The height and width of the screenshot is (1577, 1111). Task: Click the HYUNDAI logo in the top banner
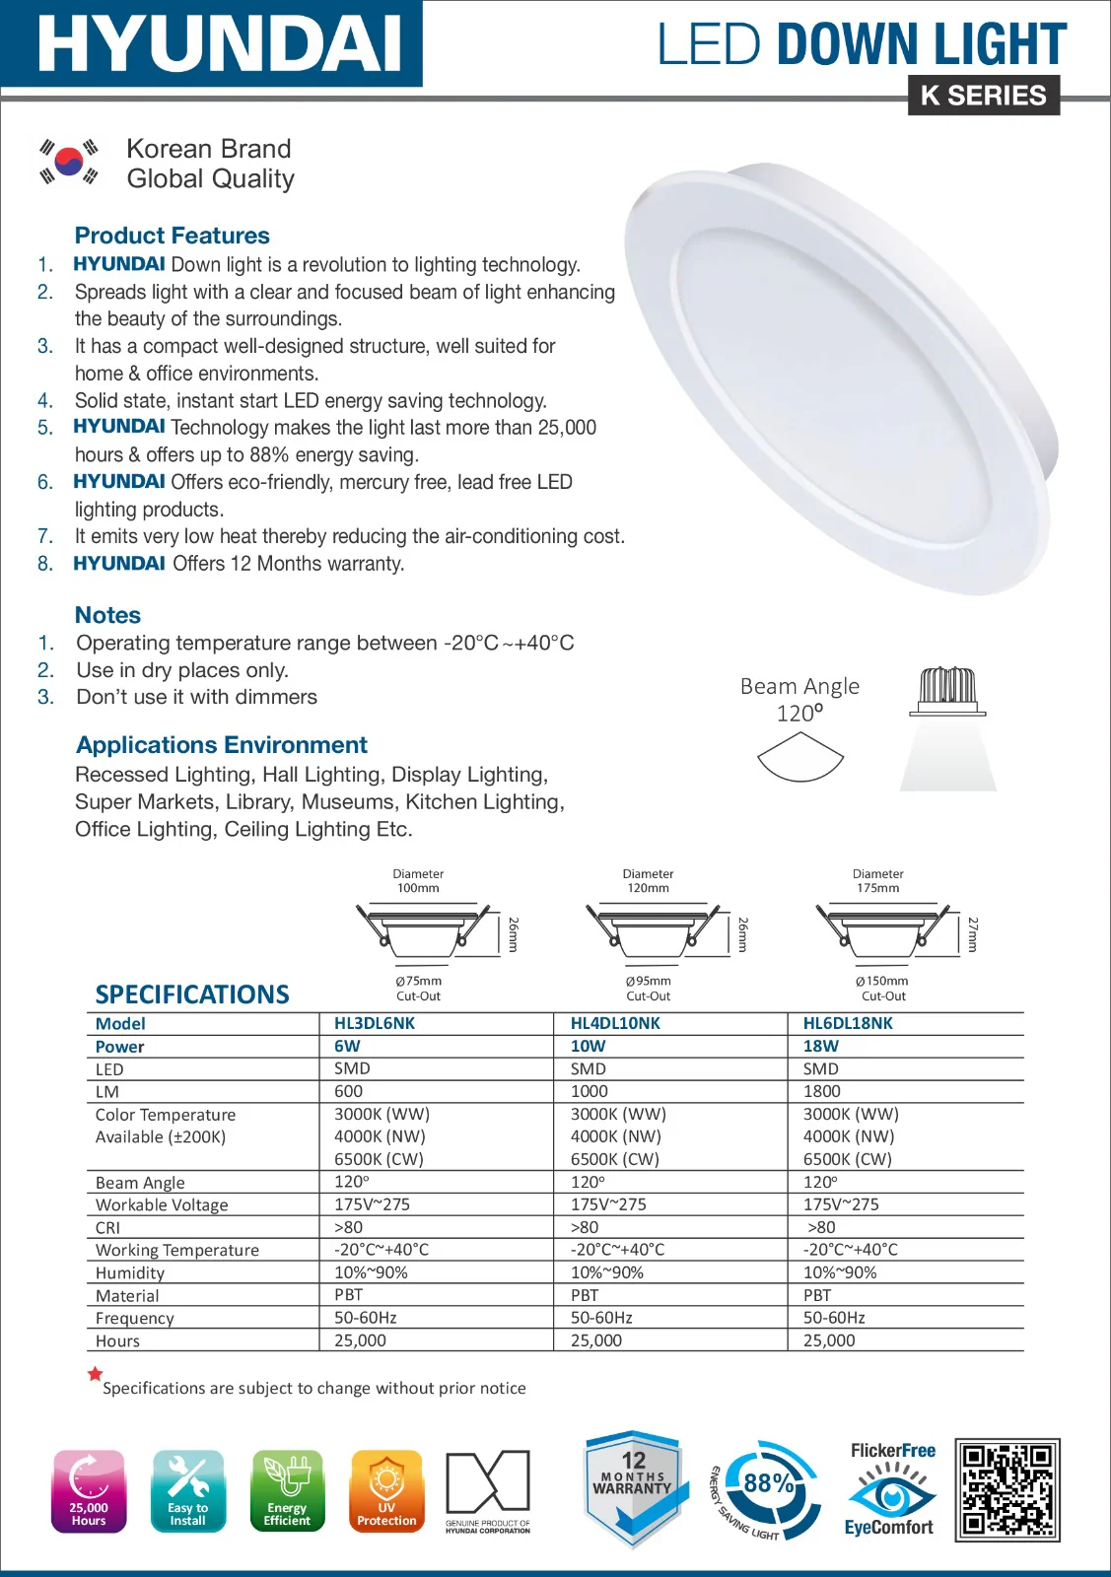coord(219,44)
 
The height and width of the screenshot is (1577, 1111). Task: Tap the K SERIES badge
coord(983,96)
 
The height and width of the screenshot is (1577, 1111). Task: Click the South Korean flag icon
coord(69,162)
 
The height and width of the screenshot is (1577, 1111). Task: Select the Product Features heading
coord(173,236)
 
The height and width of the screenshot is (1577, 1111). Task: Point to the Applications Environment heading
coord(222,745)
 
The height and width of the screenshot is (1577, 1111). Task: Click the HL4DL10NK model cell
coord(615,1023)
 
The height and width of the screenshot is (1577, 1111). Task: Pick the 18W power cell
coord(821,1046)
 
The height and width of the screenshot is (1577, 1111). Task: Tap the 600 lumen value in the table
coord(348,1091)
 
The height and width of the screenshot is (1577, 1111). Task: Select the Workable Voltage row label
coord(162,1204)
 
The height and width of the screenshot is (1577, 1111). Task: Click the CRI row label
coord(107,1228)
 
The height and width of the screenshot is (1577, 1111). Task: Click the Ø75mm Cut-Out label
coord(418,989)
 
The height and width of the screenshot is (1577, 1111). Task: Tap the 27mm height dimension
coord(973,933)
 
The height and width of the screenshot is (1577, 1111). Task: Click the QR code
coord(1007,1489)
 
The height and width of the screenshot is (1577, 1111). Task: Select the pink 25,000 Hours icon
coord(89,1491)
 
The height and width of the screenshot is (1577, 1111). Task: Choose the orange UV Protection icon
coord(386,1491)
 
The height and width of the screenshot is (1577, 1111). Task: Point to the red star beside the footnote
coord(95,1374)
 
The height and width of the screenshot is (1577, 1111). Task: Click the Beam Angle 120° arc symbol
coord(800,760)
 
